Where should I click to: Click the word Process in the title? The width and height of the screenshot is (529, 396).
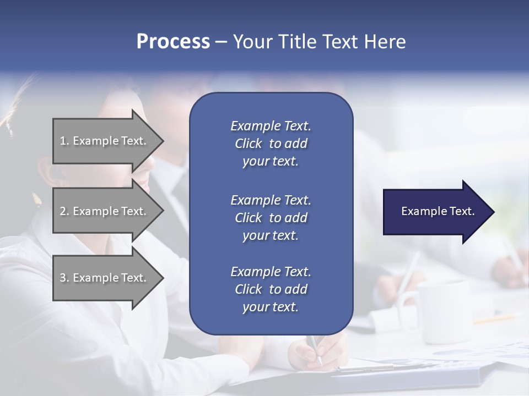[x=173, y=42]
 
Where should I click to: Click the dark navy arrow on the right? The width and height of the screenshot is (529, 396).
[x=435, y=212]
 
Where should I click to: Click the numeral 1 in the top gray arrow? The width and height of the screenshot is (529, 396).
[x=63, y=141]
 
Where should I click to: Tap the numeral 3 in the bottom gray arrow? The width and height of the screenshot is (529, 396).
[x=63, y=278]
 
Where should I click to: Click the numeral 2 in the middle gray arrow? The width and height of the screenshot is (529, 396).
[x=63, y=211]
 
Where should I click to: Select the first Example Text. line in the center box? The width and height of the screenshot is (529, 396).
[x=271, y=126]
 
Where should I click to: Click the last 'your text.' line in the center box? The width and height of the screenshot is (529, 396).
[x=271, y=307]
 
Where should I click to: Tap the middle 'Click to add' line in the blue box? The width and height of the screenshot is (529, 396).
[x=271, y=218]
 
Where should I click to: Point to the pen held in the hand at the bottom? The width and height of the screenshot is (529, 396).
[x=315, y=349]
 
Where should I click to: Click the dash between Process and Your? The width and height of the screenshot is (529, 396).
[x=221, y=42]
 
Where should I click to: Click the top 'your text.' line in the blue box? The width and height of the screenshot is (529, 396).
[x=271, y=162]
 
